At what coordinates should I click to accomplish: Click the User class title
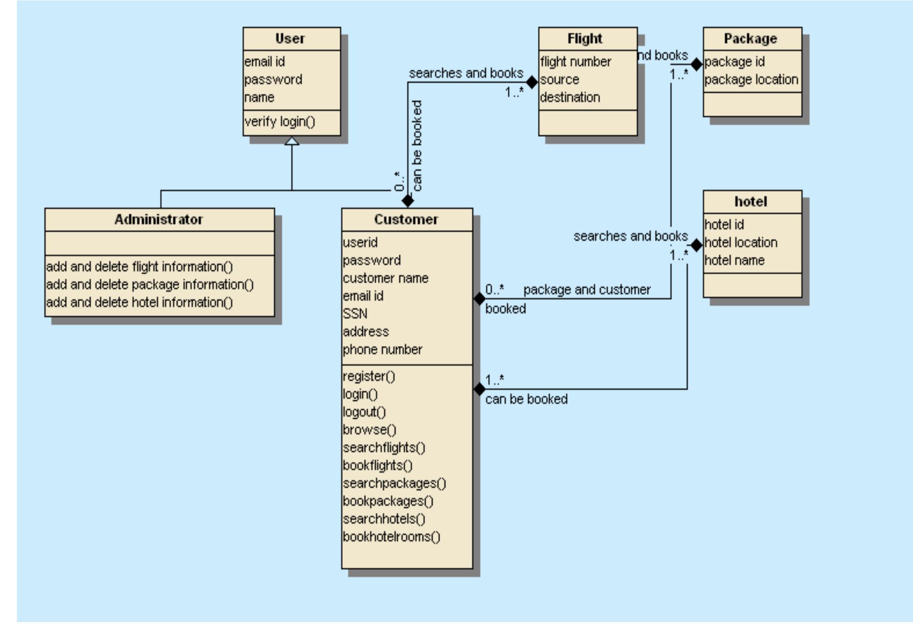(290, 39)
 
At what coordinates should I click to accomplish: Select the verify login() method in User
(280, 122)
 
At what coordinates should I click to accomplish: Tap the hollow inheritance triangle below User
(292, 141)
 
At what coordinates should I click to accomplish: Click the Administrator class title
(159, 219)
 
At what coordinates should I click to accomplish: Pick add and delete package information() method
(150, 285)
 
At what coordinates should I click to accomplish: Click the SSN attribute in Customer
(355, 314)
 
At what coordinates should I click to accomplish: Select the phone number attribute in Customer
(382, 350)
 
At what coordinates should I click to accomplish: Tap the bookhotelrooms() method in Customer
(391, 537)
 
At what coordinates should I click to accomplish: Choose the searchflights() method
(384, 447)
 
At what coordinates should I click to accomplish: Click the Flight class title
(585, 39)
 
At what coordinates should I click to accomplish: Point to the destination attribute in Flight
(569, 97)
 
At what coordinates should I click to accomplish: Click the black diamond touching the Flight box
(531, 82)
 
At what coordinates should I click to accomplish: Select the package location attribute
(751, 80)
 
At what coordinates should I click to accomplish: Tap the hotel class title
(751, 202)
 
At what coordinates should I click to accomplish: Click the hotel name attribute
(734, 260)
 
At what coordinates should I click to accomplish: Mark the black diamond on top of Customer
(408, 201)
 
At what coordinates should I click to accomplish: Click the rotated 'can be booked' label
(417, 145)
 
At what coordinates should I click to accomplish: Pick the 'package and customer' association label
(586, 290)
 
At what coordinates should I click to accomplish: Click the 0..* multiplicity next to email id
(494, 289)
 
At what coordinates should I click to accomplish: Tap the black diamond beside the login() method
(479, 389)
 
